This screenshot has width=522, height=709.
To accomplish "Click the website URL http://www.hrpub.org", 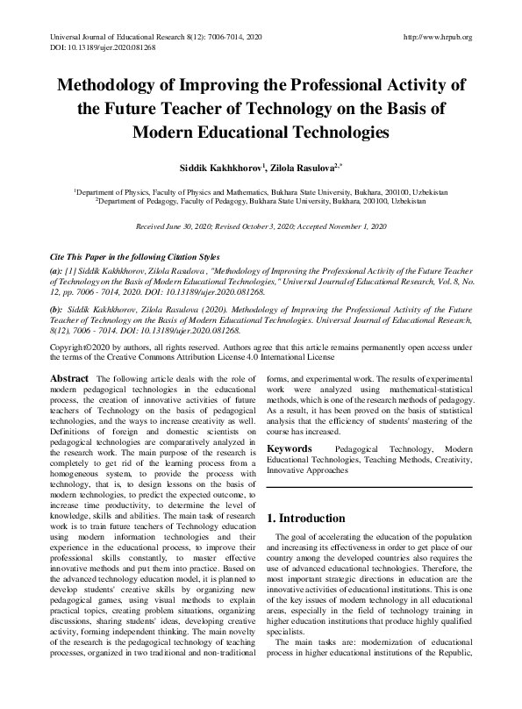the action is tap(436, 37).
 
